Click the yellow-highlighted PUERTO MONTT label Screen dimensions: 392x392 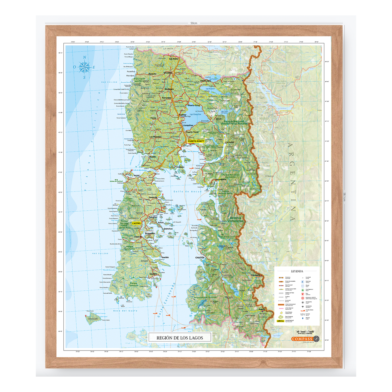pyautogui.click(x=196, y=141)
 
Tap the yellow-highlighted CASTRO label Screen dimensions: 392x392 pyautogui.click(x=136, y=223)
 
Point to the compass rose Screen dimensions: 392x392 pyautogui.click(x=85, y=67)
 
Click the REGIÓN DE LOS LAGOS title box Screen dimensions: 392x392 pyautogui.click(x=180, y=338)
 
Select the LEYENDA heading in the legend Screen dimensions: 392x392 pyautogui.click(x=297, y=271)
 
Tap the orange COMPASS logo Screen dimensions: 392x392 pyautogui.click(x=302, y=339)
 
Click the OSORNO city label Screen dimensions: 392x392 pyautogui.click(x=168, y=73)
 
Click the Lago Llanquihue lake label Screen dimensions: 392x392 pyautogui.click(x=195, y=115)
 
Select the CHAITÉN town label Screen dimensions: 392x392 pyautogui.click(x=200, y=257)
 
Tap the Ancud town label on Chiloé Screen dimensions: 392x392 pyautogui.click(x=137, y=175)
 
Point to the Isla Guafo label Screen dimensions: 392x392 pyautogui.click(x=93, y=318)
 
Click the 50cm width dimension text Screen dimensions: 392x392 pyautogui.click(x=194, y=23)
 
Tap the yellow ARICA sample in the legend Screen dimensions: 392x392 pyautogui.click(x=280, y=321)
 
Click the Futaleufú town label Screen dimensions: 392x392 pyautogui.click(x=255, y=275)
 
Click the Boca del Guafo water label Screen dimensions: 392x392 pyautogui.click(x=126, y=311)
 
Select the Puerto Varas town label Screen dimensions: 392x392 pyautogui.click(x=192, y=132)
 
